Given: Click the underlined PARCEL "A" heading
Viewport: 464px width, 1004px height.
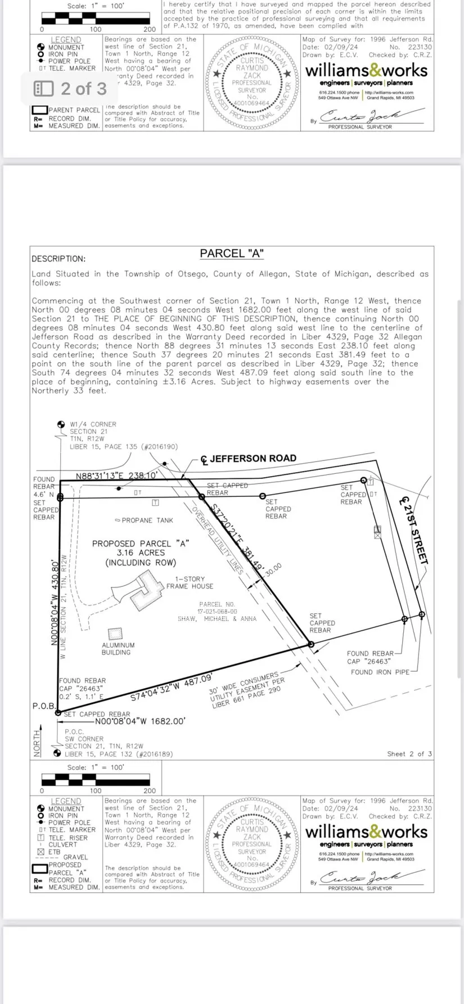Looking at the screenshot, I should (232, 254).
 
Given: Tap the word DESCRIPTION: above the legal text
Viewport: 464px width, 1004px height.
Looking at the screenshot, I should (58, 259).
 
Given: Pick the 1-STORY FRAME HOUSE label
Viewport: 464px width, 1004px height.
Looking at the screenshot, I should (190, 582).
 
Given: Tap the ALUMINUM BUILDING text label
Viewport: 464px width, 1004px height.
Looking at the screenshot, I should (118, 649).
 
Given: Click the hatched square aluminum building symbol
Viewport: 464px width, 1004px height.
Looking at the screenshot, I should (115, 634).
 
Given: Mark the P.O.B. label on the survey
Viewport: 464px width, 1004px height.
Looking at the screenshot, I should (43, 705).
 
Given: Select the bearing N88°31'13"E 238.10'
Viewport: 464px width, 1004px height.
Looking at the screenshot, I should (116, 476).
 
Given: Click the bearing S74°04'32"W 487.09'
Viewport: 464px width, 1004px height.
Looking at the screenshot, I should (172, 686).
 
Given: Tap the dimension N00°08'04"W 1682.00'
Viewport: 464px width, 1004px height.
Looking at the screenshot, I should (140, 721).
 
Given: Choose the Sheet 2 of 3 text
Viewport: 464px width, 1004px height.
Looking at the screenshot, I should (409, 754).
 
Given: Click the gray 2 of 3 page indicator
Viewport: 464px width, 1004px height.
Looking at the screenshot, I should (71, 89).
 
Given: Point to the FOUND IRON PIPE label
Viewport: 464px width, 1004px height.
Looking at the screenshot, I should (380, 672).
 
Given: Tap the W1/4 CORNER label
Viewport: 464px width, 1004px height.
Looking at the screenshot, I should (93, 424).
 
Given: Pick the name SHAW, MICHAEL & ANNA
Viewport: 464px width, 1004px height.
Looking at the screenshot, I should (217, 619).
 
